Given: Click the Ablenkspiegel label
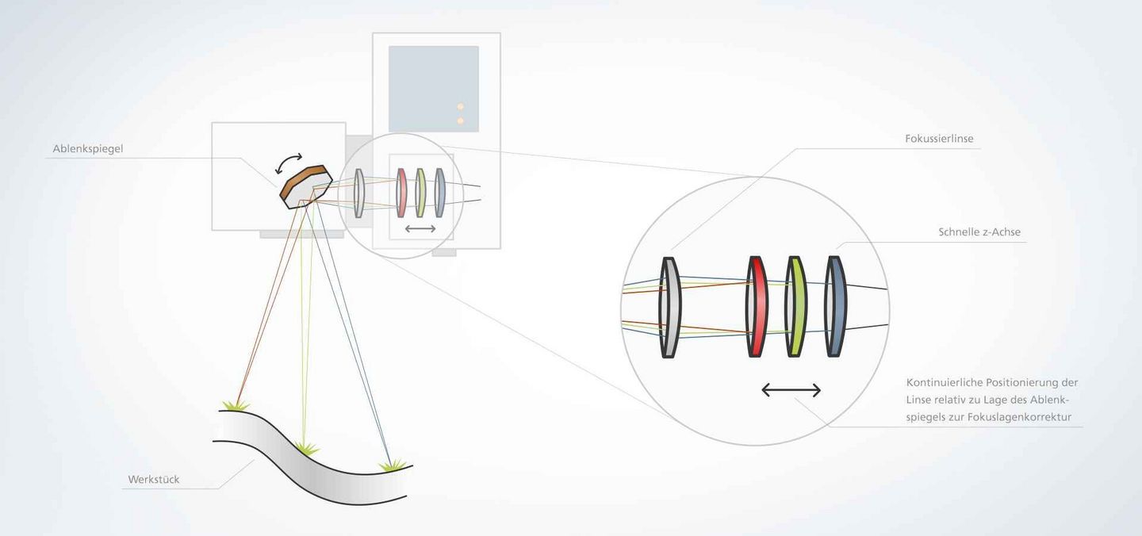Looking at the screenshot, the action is [88, 149].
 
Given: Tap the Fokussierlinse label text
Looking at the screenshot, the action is [939, 139].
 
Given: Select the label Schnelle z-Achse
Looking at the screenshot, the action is [979, 232].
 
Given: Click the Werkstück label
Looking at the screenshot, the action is [154, 480].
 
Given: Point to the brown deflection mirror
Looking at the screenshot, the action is [306, 186].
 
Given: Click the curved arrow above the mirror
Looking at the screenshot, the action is [289, 163].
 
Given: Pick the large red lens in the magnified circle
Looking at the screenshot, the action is [757, 306].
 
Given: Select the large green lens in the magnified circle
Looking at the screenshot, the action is [795, 306].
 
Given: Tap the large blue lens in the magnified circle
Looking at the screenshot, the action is [835, 306].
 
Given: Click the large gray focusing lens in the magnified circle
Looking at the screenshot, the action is [670, 307].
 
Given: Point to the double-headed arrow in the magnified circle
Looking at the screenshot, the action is [791, 390].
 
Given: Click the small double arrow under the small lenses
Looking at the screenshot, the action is [420, 229].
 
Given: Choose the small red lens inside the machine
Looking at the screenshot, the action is [401, 193].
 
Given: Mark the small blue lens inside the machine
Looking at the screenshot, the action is [439, 193].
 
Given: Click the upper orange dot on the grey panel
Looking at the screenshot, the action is [460, 106].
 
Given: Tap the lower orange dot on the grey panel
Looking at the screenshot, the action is [460, 121].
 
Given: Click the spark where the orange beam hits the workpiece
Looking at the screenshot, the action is [236, 405].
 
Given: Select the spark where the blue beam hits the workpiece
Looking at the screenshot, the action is [392, 465].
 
